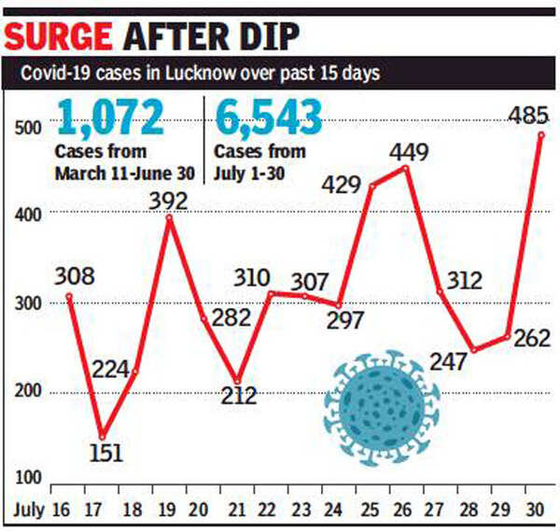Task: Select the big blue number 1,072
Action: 111,118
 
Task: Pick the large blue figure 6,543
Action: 269,118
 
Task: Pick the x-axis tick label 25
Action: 371,510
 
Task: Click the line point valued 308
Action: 68,297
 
